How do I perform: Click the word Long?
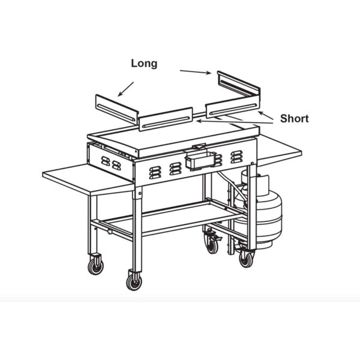point(144,64)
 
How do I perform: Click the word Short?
point(295,119)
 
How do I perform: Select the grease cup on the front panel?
point(200,160)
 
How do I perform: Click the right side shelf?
point(279,149)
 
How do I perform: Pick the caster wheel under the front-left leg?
point(95,266)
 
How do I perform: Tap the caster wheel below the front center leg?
point(134,282)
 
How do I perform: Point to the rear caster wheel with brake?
point(211,245)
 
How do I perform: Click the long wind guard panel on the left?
point(117,110)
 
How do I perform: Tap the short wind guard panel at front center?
point(166,119)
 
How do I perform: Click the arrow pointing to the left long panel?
point(126,89)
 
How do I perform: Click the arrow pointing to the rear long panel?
point(196,72)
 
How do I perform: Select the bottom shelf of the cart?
point(170,218)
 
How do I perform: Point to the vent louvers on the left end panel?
point(111,163)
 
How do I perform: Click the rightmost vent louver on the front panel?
point(237,157)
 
